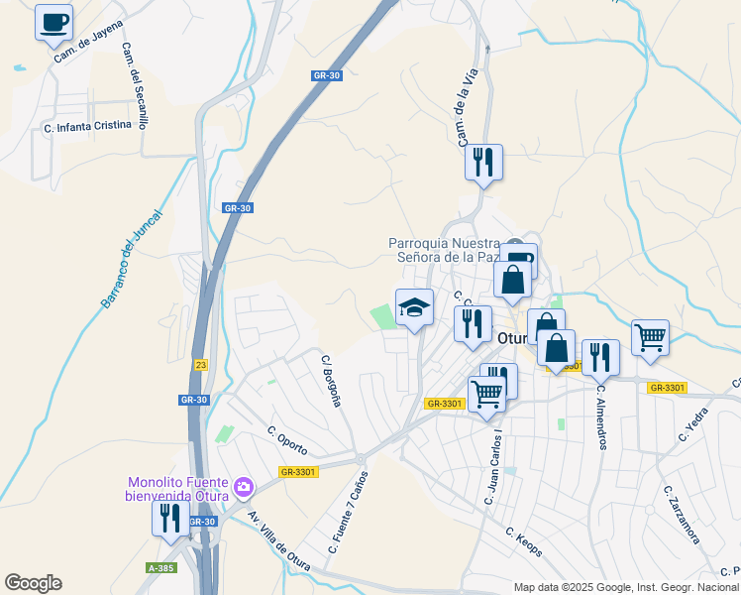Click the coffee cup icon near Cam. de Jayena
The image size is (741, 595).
(53, 22)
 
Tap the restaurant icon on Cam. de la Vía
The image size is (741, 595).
(484, 162)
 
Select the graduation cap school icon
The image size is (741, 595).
(414, 306)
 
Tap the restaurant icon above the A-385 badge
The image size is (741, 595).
(169, 518)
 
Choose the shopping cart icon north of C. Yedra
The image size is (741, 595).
(650, 337)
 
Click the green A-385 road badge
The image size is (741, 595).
(160, 568)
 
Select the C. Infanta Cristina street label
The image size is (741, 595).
(87, 127)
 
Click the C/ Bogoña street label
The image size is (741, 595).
(331, 380)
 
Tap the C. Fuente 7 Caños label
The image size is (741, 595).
(347, 513)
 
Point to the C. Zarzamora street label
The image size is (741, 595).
(683, 515)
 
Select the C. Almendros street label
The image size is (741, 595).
(600, 416)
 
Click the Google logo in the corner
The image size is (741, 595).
(33, 583)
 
